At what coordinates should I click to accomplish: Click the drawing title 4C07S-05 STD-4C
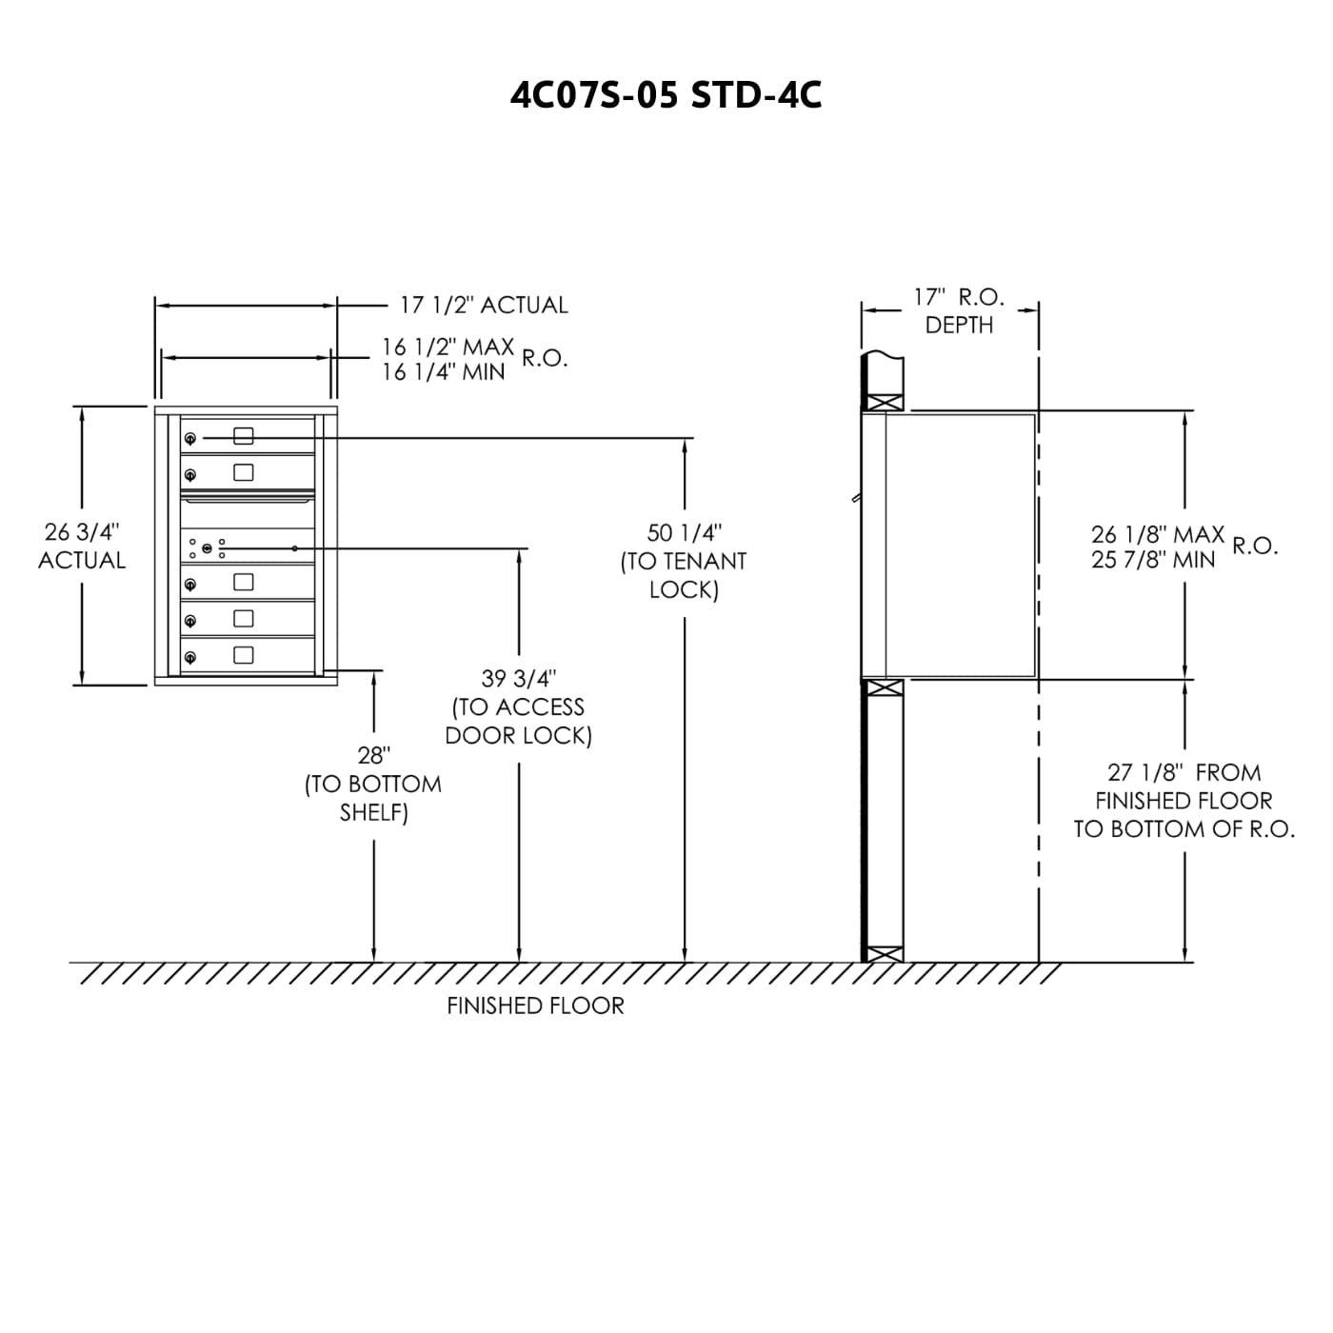666,95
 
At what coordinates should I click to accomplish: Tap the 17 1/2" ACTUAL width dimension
484,305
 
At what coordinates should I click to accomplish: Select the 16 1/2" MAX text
448,347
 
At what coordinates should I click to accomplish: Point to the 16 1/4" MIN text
444,372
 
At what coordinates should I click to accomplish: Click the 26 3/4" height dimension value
82,532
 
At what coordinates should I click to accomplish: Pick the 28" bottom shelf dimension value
373,754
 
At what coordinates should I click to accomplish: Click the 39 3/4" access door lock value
518,679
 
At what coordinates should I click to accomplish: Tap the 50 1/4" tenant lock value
685,532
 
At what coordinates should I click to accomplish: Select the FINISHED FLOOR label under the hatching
535,1005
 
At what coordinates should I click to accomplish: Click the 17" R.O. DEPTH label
959,310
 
